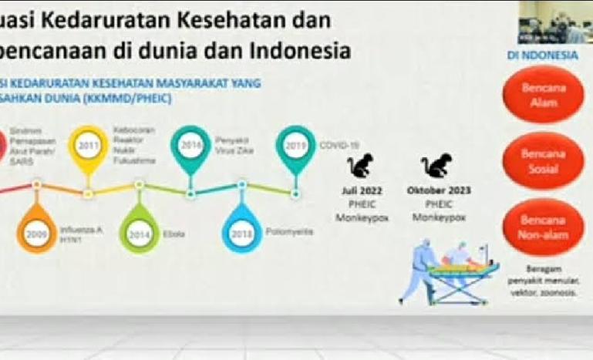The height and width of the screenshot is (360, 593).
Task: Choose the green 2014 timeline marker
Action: (139, 234)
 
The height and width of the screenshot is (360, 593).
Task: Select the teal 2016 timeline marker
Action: (190, 144)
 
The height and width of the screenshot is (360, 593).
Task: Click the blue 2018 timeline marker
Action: (242, 234)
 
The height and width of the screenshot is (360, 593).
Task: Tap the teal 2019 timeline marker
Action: (295, 144)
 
